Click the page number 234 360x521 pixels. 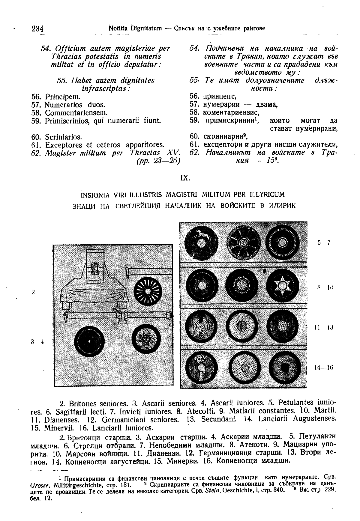tap(37, 29)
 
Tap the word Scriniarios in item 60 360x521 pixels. tap(63, 137)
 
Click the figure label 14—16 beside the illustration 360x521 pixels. tap(324, 368)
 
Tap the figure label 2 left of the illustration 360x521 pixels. tap(33, 292)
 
